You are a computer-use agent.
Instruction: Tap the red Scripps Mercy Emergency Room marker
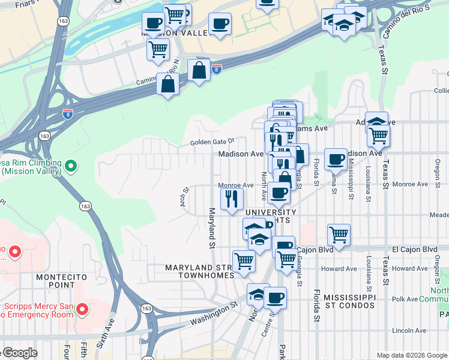(x=82, y=310)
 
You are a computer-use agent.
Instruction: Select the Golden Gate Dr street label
(x=211, y=142)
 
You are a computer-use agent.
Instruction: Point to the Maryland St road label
(x=212, y=228)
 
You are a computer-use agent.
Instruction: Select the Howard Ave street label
(x=339, y=269)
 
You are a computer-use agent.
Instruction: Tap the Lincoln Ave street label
(x=409, y=330)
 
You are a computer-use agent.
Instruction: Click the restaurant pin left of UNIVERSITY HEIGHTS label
(x=232, y=198)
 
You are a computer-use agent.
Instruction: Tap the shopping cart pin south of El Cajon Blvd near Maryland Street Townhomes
(x=244, y=261)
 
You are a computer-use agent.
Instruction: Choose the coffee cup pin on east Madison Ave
(x=336, y=159)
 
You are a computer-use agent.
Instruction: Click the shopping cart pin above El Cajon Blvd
(x=339, y=234)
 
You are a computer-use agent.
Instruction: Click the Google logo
(x=19, y=353)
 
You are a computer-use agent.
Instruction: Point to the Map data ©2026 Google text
(x=412, y=355)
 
